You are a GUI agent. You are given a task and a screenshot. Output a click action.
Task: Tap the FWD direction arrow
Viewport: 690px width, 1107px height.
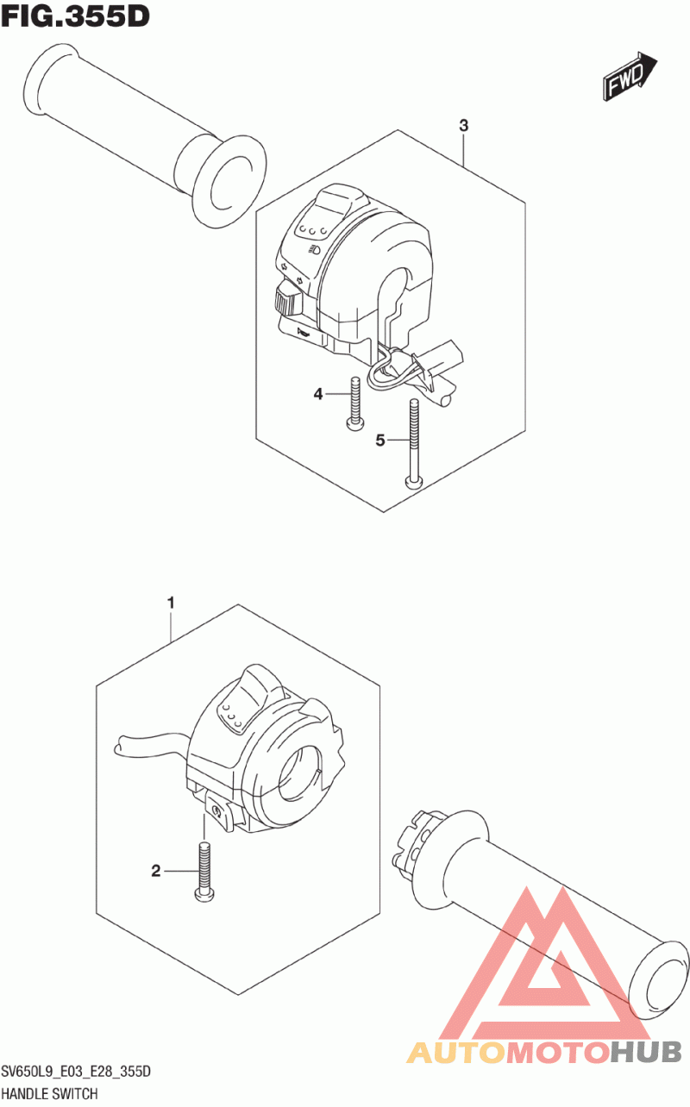tap(630, 77)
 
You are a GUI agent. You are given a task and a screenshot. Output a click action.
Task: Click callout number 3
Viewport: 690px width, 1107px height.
tap(463, 126)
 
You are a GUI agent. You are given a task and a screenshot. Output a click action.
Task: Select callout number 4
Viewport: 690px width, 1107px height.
tap(318, 394)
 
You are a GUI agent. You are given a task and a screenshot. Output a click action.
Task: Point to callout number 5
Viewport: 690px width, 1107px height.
tap(379, 441)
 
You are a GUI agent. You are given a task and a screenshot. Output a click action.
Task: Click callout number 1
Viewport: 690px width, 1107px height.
tap(171, 602)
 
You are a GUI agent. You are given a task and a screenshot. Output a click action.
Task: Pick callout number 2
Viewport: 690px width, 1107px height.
tap(156, 872)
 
